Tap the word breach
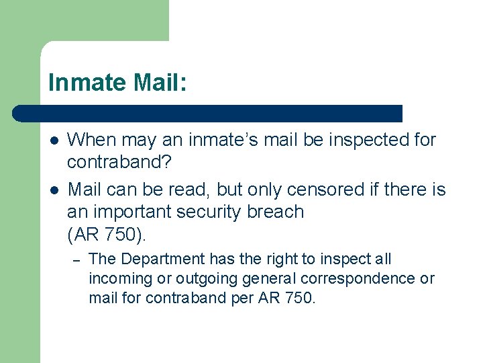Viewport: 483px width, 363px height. pos(276,212)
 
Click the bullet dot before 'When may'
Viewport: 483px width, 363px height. pos(53,140)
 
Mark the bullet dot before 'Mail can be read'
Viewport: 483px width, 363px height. pos(53,190)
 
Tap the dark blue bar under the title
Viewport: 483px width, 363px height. pos(207,113)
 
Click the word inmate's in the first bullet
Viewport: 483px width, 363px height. pos(222,140)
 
